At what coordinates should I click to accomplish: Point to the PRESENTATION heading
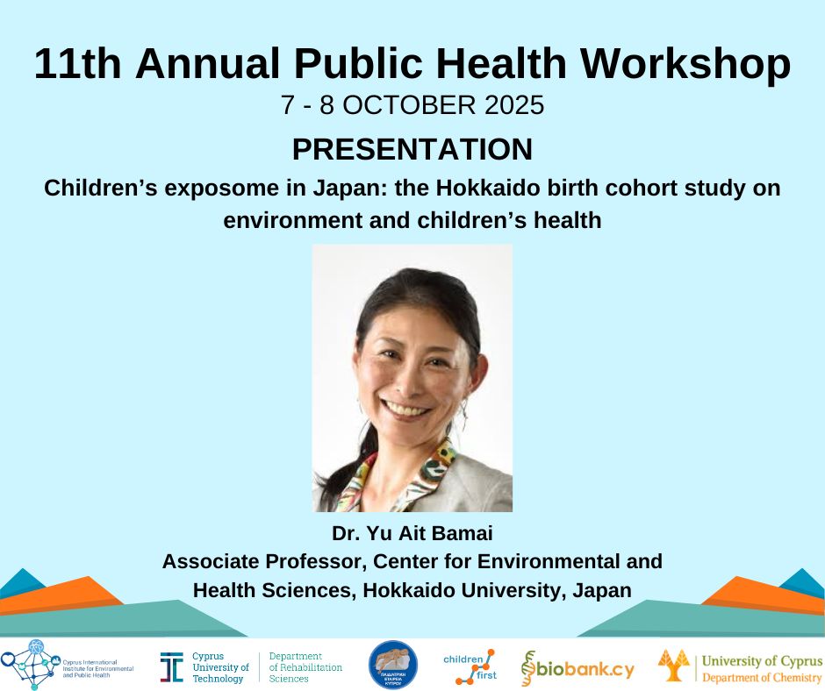(x=412, y=149)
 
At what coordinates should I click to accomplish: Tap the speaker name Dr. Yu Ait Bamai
(x=412, y=533)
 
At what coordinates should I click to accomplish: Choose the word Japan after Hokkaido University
(x=601, y=590)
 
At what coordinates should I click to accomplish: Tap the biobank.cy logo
(x=577, y=668)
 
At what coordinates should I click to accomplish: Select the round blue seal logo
(x=392, y=666)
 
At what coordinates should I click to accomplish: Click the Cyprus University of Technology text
(x=219, y=667)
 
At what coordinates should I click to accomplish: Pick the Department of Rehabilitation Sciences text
(x=305, y=667)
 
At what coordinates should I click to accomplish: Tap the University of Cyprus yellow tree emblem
(x=674, y=666)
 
